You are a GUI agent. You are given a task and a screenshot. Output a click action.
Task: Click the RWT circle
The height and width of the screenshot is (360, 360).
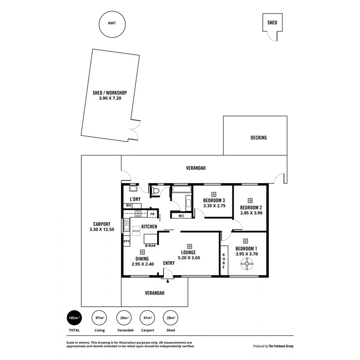tap(112, 24)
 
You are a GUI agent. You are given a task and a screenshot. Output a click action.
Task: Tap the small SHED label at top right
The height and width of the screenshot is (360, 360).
tap(272, 23)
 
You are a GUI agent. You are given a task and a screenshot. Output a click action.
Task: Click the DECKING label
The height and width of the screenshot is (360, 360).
tap(258, 138)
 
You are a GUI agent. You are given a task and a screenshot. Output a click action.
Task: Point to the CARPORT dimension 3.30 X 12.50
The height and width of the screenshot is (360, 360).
tap(102, 230)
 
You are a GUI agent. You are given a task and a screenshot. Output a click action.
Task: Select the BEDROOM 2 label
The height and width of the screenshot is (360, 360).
tap(251, 208)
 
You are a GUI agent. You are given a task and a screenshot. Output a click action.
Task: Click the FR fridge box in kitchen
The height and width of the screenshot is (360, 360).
tap(152, 214)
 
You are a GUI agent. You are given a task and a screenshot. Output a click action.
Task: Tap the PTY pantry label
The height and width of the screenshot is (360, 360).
tap(126, 242)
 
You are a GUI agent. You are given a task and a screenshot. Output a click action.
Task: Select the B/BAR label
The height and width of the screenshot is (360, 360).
tap(150, 246)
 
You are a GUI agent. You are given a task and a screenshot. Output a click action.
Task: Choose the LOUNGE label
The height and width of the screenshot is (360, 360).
tap(188, 252)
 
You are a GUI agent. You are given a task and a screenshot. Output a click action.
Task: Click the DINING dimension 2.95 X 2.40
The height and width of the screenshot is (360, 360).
tap(142, 264)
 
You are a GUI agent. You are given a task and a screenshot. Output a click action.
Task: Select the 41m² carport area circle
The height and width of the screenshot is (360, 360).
tap(147, 318)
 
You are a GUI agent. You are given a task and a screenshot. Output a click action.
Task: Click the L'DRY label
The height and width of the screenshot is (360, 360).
tap(134, 199)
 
